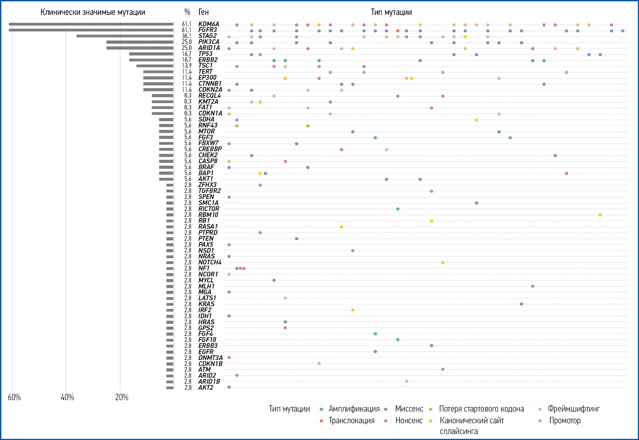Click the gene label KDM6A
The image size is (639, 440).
tap(209, 24)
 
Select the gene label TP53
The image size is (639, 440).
tap(205, 54)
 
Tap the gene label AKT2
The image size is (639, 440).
tap(206, 387)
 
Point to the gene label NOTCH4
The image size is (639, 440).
tap(210, 262)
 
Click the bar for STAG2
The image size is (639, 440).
tap(125, 36)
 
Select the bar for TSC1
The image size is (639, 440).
tap(155, 66)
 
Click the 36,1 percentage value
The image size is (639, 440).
tap(186, 36)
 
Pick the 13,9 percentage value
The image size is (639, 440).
tap(186, 66)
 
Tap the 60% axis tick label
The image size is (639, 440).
tap(14, 397)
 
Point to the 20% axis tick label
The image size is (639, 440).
tap(122, 397)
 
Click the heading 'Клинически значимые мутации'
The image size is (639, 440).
tap(93, 12)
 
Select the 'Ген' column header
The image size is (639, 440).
tap(204, 12)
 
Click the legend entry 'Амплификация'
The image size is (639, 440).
tap(354, 409)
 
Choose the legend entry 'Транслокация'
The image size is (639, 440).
tap(351, 420)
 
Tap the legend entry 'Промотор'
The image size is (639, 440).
tap(565, 420)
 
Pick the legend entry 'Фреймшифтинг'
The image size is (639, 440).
tap(573, 409)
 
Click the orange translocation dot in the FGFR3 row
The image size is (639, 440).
tap(398, 31)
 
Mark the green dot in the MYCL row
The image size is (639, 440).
tap(274, 280)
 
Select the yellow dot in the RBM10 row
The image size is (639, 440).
tap(600, 215)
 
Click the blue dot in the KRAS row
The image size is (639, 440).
tap(521, 304)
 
